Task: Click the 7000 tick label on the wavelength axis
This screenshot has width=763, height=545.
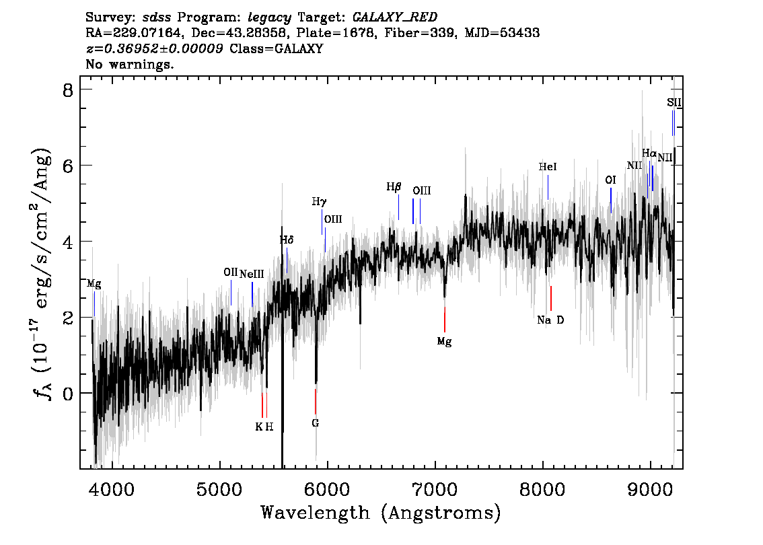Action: pyautogui.click(x=435, y=487)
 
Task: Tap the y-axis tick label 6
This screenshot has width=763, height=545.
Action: pyautogui.click(x=67, y=166)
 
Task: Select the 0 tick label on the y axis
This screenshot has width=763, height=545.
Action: pyautogui.click(x=67, y=393)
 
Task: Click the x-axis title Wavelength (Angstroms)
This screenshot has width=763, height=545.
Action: pyautogui.click(x=381, y=513)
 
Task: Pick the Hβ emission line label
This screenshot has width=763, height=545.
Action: pyautogui.click(x=394, y=186)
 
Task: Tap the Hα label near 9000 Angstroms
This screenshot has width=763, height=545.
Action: pyautogui.click(x=649, y=153)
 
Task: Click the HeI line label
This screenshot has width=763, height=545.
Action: pyautogui.click(x=548, y=166)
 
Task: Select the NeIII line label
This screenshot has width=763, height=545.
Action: pyautogui.click(x=252, y=273)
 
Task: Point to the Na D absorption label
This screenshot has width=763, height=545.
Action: pyautogui.click(x=550, y=320)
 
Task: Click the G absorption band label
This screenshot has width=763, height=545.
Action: pyautogui.click(x=315, y=423)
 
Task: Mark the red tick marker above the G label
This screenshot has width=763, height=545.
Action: pyautogui.click(x=315, y=402)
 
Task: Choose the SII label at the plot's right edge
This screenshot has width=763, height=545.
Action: pyautogui.click(x=674, y=102)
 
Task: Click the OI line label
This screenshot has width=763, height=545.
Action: pyautogui.click(x=610, y=180)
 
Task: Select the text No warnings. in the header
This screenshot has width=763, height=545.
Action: pyautogui.click(x=130, y=65)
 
